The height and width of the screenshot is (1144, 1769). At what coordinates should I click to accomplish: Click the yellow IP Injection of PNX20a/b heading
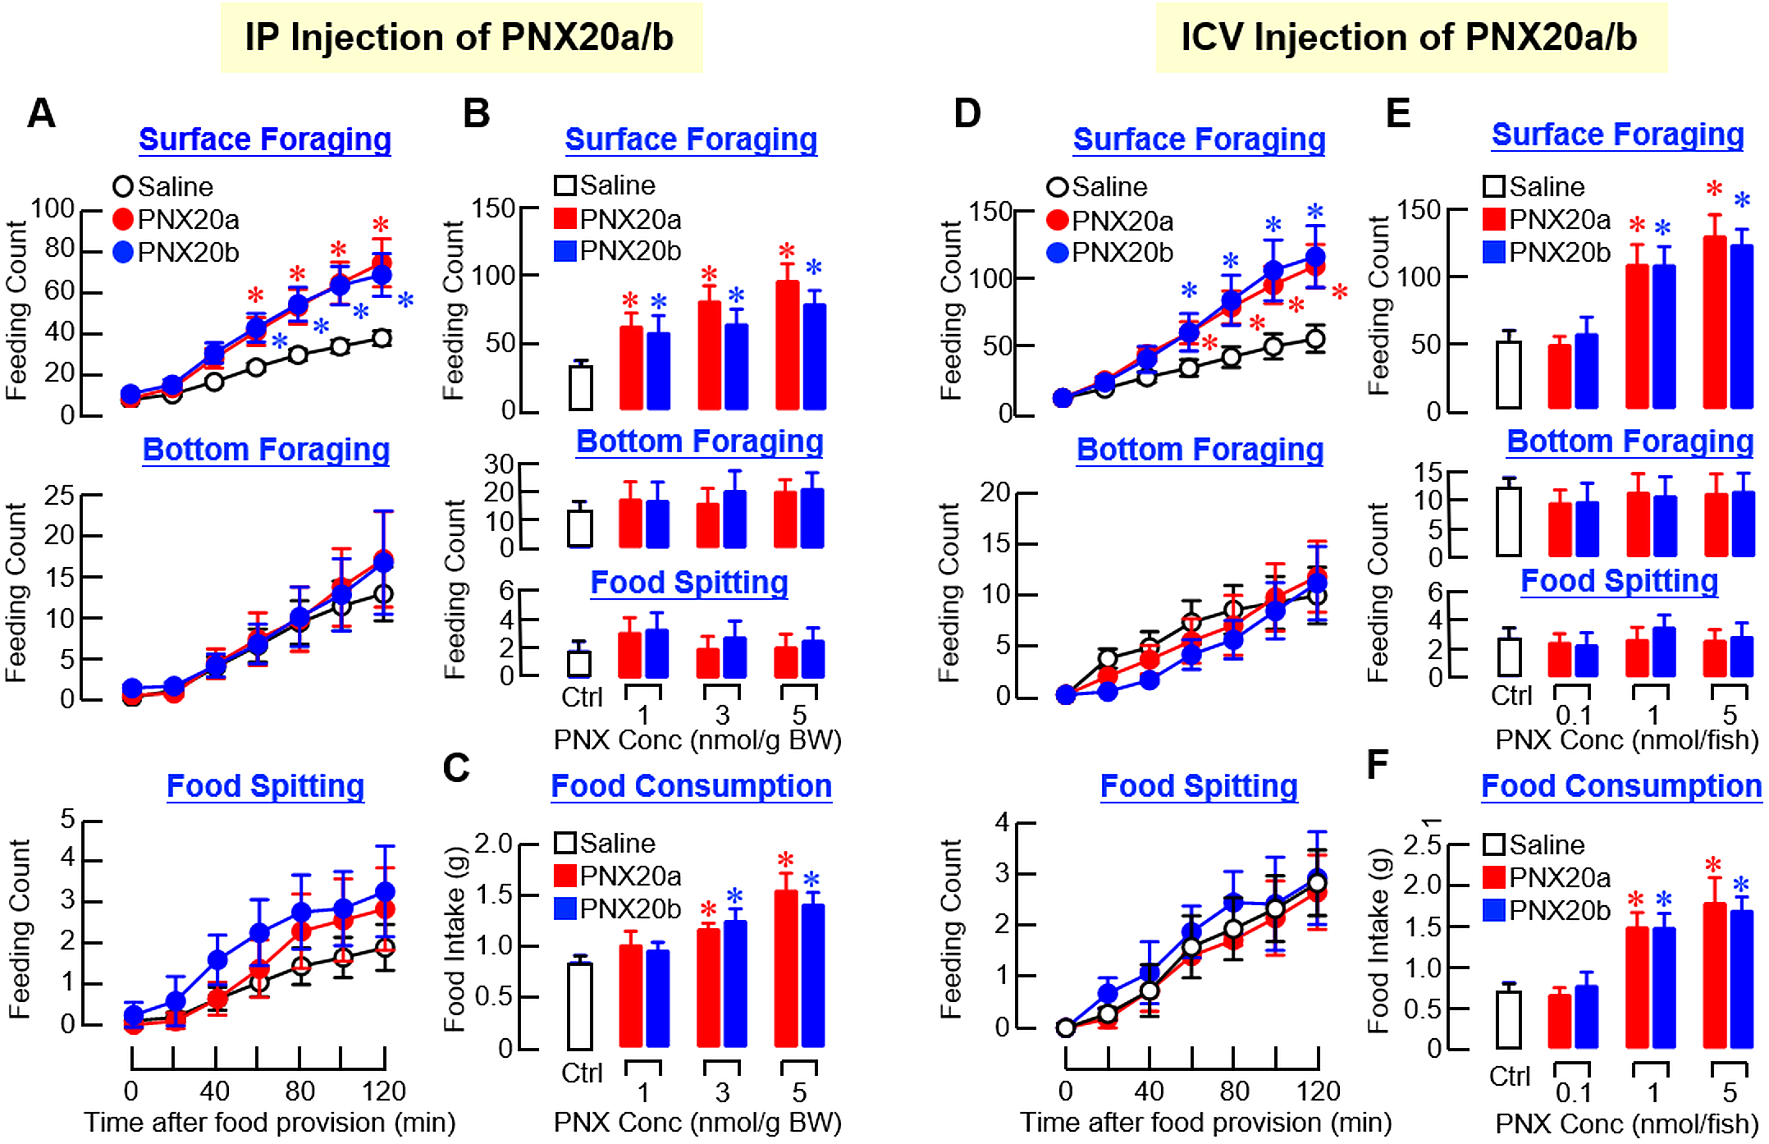pyautogui.click(x=460, y=38)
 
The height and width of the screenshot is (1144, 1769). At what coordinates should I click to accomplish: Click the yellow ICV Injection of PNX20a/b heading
pyautogui.click(x=1410, y=38)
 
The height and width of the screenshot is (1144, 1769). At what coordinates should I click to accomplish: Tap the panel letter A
pyautogui.click(x=41, y=113)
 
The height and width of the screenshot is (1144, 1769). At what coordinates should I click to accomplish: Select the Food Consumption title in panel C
pyautogui.click(x=691, y=786)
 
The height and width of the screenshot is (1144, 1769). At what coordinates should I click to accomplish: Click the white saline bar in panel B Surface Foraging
pyautogui.click(x=580, y=387)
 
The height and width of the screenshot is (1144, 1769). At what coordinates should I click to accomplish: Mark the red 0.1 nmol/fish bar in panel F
pyautogui.click(x=1560, y=1021)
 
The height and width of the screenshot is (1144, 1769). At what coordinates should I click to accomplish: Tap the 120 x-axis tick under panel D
pyautogui.click(x=1318, y=1091)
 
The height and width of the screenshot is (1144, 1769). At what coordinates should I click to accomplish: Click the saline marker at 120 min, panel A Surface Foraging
pyautogui.click(x=381, y=338)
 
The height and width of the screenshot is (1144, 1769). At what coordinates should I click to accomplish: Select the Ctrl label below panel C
pyautogui.click(x=582, y=1073)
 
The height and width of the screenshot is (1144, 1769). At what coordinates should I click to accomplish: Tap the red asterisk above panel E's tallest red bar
pyautogui.click(x=1714, y=190)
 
